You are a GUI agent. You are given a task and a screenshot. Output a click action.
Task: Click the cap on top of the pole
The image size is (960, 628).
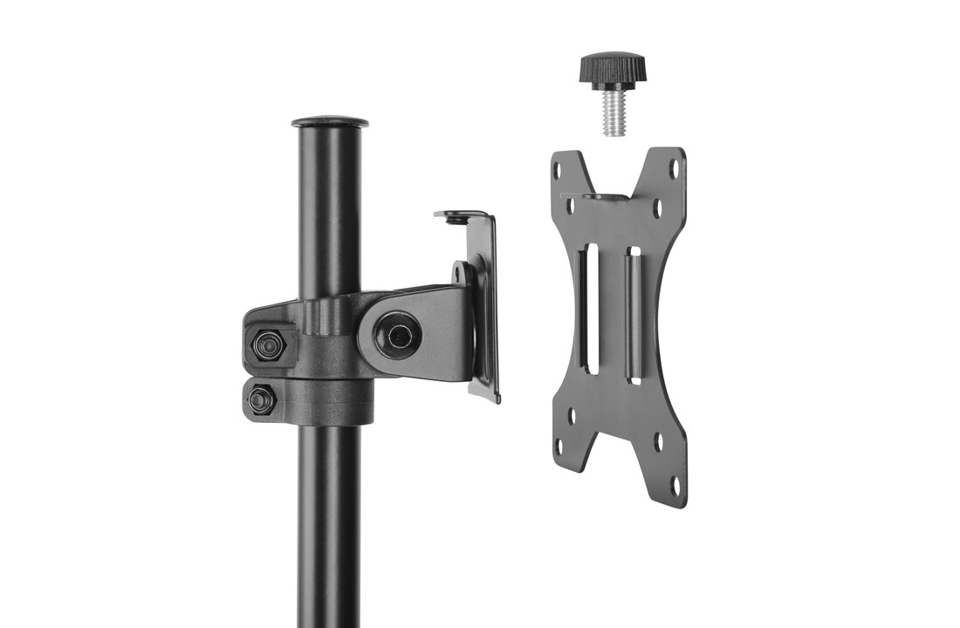tap(330, 121)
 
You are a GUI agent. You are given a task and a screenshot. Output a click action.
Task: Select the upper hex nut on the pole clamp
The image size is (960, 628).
tap(267, 345)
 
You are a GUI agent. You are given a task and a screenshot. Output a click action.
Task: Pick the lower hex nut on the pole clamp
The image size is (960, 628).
tap(260, 399)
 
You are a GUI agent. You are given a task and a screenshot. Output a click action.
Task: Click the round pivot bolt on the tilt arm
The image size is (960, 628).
tap(400, 334)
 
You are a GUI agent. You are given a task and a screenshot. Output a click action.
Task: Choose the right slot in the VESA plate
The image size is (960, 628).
tap(634, 315)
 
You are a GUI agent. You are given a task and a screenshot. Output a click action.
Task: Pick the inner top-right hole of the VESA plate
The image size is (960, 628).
tap(658, 208)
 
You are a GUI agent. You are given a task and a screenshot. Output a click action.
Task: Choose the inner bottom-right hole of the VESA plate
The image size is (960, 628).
tap(659, 441)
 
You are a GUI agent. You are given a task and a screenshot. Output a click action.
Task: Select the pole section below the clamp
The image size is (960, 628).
tap(329, 523)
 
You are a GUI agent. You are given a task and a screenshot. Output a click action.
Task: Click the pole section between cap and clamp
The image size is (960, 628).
tap(330, 209)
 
